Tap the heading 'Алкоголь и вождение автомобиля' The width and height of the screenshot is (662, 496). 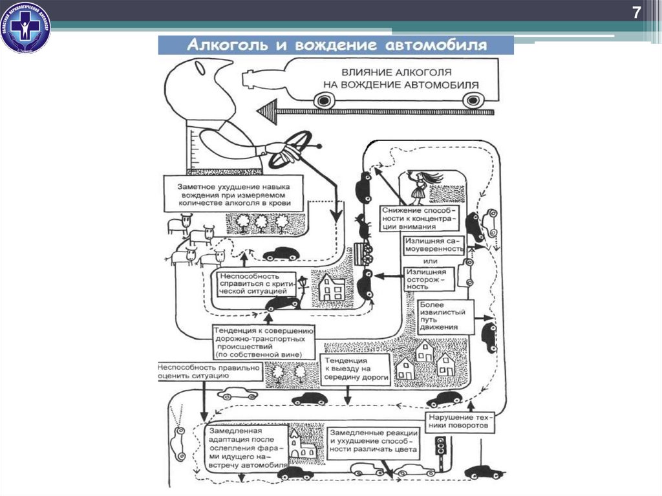point(336,46)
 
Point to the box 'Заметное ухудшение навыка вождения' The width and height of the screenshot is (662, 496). point(233,194)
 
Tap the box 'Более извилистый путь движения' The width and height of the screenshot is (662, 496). point(446,315)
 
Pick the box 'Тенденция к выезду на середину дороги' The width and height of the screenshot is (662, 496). point(356,369)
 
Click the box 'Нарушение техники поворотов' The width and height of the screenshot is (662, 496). point(460,422)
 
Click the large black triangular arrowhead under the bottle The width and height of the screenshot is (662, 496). point(267,113)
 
